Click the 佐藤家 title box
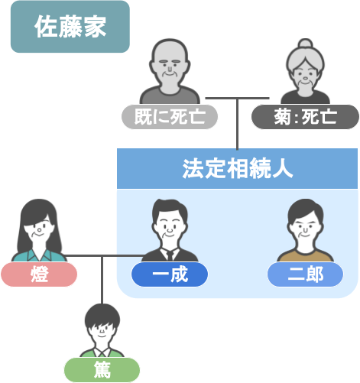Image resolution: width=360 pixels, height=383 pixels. pos(70,27)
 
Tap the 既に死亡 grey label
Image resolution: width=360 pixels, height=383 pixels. pos(170,117)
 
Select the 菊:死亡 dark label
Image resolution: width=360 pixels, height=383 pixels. pos(305,117)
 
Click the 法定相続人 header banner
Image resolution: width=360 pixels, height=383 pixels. pos(237,169)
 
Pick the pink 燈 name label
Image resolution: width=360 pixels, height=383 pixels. pos(39,274)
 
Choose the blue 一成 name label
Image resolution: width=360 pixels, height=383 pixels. pos(170,274)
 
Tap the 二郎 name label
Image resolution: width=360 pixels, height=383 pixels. pos(305,274)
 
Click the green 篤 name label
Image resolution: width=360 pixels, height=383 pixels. pos(102,370)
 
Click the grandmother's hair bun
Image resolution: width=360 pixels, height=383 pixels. pos(305,44)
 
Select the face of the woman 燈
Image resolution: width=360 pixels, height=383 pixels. pos(40,229)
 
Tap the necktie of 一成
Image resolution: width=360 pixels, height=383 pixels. pos(170,255)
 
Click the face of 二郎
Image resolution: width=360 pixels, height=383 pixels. pos(305,227)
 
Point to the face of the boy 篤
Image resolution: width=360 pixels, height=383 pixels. pos(102,330)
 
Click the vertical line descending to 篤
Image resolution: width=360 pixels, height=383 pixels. pos(102,280)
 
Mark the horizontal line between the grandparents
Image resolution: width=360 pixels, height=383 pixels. pos(237,98)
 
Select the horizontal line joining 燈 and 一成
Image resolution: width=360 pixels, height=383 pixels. pos(104,255)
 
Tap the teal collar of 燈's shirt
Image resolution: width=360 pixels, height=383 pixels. pos(39,255)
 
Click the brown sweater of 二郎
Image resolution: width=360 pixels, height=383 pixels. pos(305,256)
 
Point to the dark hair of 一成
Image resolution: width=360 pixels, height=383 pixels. pos(169,208)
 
